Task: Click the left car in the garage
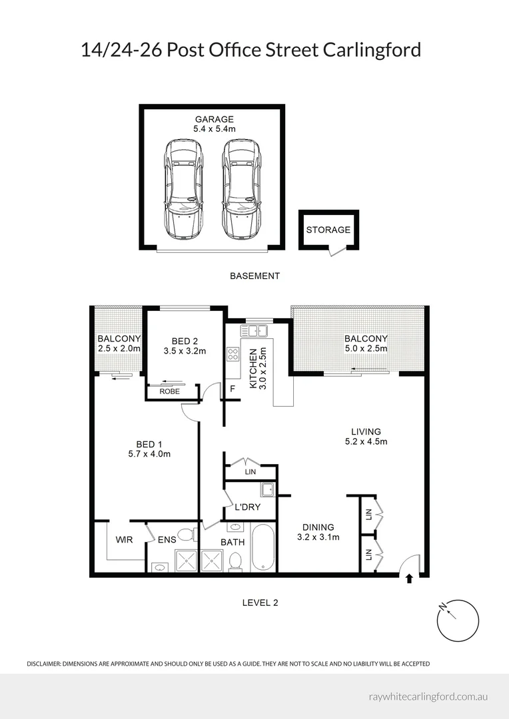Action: [x=184, y=189]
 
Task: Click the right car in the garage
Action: [x=241, y=189]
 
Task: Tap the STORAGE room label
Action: [x=328, y=230]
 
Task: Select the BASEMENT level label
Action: [x=254, y=276]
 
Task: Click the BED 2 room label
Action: [x=185, y=341]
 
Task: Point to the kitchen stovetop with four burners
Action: [x=233, y=354]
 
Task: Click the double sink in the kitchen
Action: [x=254, y=330]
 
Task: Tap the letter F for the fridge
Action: [x=233, y=389]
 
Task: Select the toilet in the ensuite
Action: [x=188, y=535]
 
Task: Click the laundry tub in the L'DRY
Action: [x=268, y=490]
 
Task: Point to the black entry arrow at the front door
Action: [x=410, y=579]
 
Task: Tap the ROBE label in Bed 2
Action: [x=169, y=391]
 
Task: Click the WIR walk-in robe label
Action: [x=124, y=540]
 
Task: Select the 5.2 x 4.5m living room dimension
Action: [x=366, y=441]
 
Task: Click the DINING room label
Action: [x=318, y=527]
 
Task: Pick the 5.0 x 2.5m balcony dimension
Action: [x=366, y=348]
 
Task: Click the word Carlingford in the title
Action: [x=372, y=50]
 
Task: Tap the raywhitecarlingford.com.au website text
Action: [x=428, y=696]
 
